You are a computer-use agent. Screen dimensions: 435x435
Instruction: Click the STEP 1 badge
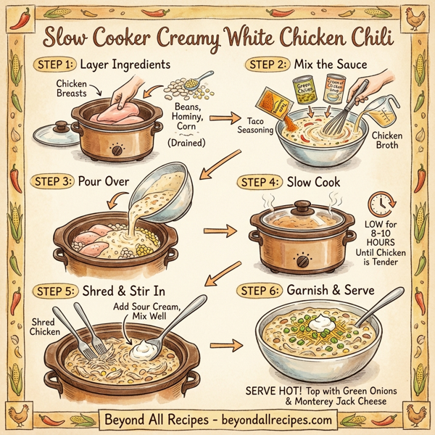pyautogui.click(x=56, y=64)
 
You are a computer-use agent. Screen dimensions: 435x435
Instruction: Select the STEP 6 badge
pyautogui.click(x=264, y=291)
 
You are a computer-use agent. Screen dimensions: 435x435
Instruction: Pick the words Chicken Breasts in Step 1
pyautogui.click(x=72, y=89)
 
